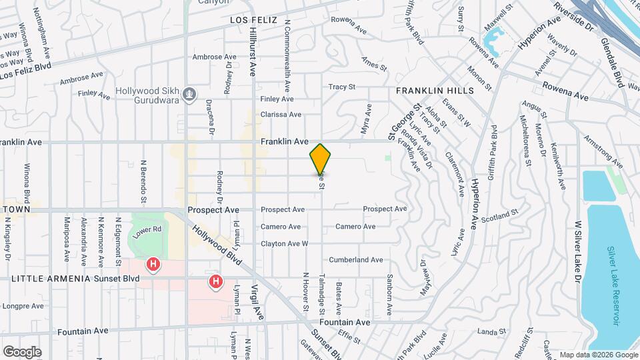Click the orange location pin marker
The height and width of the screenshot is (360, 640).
[x=321, y=159]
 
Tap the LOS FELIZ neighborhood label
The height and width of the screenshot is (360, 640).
[x=253, y=21]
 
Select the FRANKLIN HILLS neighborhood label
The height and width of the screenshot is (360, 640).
[x=434, y=90]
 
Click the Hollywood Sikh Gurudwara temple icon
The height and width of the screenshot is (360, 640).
[x=191, y=94]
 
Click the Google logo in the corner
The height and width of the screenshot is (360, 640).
[x=22, y=352]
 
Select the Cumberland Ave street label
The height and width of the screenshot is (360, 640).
[x=355, y=259]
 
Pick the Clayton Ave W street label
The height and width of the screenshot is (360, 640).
[x=284, y=243]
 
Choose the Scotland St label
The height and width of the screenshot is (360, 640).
[x=499, y=215]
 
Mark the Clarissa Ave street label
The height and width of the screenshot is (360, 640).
[x=281, y=114]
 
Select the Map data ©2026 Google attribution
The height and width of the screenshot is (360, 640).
[x=597, y=354]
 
